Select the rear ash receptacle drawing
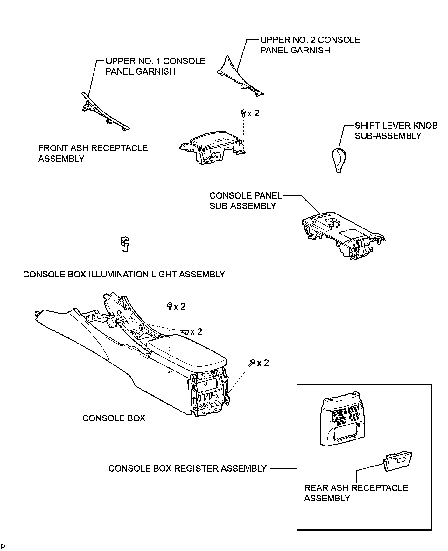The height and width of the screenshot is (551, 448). [398, 461]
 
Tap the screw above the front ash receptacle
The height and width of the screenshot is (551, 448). [243, 113]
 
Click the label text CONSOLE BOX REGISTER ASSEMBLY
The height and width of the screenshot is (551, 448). [187, 468]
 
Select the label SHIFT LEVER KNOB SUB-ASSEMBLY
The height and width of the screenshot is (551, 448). [396, 131]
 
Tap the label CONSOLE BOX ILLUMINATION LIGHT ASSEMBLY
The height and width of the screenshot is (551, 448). [124, 274]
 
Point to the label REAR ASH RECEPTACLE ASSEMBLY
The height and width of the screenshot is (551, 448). [356, 493]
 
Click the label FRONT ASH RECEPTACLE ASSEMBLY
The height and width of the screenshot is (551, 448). [93, 153]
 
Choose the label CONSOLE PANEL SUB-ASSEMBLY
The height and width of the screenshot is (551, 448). [246, 201]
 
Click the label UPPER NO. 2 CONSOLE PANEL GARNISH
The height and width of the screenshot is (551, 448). [310, 45]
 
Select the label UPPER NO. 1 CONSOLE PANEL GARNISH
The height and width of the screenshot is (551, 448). [155, 66]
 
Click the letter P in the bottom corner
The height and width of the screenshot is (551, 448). [3, 546]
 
